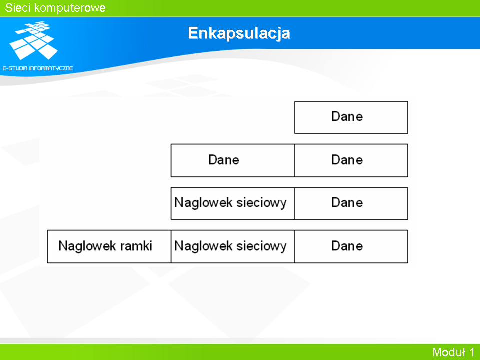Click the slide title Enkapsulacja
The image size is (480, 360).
click(x=239, y=33)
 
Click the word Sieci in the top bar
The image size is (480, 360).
click(x=18, y=8)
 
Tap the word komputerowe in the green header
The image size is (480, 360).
click(x=70, y=8)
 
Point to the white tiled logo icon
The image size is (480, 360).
click(x=33, y=40)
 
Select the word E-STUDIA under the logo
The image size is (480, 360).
click(x=15, y=68)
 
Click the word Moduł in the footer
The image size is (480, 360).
click(x=449, y=352)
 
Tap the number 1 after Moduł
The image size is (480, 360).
click(x=471, y=352)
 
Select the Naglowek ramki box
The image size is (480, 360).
click(x=109, y=246)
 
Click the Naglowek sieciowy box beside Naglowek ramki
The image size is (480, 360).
click(x=233, y=246)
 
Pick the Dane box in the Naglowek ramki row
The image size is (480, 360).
click(x=351, y=246)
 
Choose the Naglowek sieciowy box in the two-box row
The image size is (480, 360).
click(x=233, y=203)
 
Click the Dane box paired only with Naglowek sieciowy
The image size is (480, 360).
click(x=351, y=203)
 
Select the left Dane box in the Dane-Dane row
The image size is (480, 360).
click(x=233, y=160)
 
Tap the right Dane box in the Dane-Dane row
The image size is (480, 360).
click(x=351, y=160)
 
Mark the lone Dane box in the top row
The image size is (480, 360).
click(x=351, y=117)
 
